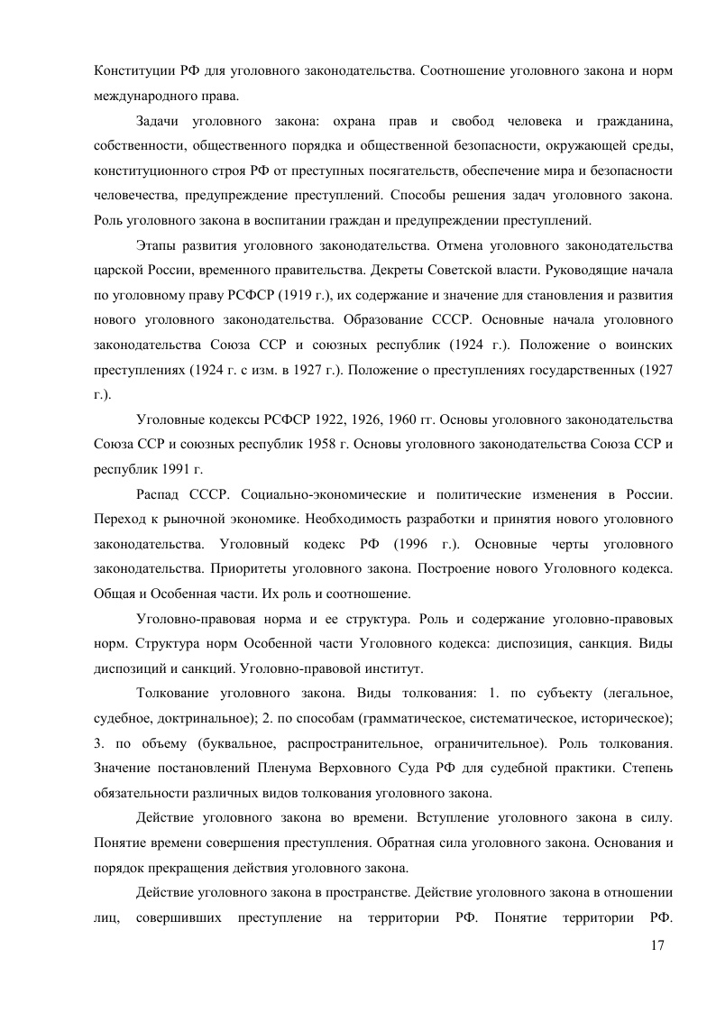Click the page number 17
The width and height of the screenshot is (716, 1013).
click(x=656, y=944)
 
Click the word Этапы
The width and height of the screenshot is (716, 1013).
click(x=156, y=245)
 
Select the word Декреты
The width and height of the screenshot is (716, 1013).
click(x=391, y=270)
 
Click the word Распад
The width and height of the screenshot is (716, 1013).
click(x=160, y=496)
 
